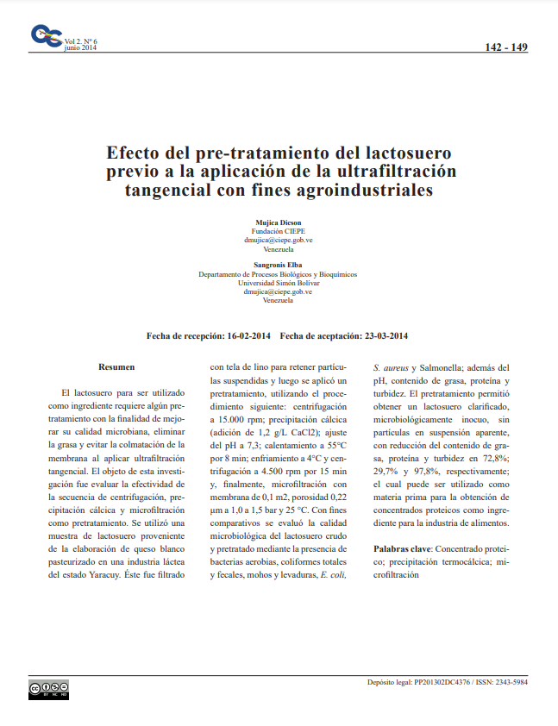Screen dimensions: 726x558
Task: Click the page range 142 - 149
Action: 506,47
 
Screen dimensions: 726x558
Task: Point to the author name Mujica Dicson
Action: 278,222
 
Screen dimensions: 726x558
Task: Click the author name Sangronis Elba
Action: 278,265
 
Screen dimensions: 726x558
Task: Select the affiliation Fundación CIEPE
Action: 278,232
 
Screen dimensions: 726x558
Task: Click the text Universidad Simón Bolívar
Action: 278,283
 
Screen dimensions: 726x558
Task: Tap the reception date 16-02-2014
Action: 248,335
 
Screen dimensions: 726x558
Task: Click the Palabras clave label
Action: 401,548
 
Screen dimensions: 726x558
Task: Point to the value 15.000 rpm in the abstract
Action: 234,418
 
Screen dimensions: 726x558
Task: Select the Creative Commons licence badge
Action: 48,688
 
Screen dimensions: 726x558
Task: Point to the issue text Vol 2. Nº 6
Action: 81,41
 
